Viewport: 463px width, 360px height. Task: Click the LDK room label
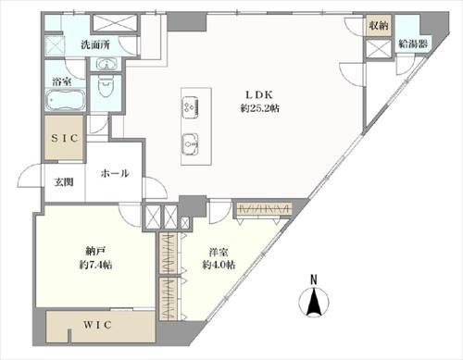(x=259, y=95)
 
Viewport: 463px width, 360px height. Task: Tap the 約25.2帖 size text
(x=260, y=108)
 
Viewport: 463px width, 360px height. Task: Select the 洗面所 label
(x=95, y=45)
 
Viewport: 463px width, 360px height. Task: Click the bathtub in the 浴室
(x=66, y=100)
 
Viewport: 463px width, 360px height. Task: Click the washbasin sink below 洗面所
(x=106, y=64)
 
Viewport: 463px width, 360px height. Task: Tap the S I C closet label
(x=64, y=138)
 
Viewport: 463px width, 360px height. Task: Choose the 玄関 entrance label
(x=64, y=182)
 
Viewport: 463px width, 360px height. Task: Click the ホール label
(x=115, y=173)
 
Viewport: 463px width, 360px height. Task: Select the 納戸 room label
(x=95, y=252)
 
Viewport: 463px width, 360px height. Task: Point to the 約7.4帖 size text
(x=95, y=265)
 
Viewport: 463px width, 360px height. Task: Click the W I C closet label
(x=97, y=325)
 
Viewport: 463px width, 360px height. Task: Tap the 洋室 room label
(x=219, y=252)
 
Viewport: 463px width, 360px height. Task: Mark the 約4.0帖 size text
(x=219, y=265)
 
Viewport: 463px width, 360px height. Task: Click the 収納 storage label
(x=379, y=25)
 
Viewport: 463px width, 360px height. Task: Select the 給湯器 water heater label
(x=413, y=43)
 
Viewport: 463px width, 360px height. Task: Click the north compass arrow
(x=314, y=302)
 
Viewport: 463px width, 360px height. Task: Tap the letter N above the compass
(x=314, y=279)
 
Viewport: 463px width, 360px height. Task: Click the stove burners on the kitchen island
(x=190, y=107)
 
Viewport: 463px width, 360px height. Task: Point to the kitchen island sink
(x=190, y=143)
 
